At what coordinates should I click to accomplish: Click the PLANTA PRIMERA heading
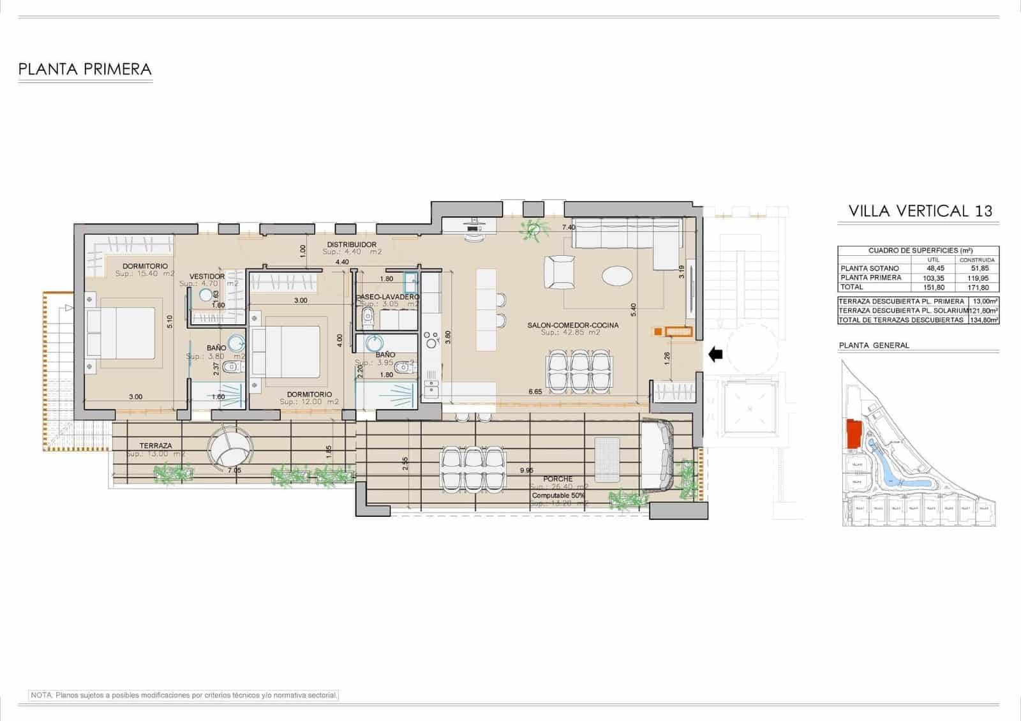pos(85,69)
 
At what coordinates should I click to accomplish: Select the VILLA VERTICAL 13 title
pos(920,211)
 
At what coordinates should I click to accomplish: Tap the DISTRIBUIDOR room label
pos(352,244)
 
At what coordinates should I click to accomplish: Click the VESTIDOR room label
pos(207,276)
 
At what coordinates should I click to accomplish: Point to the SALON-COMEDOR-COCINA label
pos(572,325)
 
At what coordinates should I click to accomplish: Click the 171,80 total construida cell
pos(976,288)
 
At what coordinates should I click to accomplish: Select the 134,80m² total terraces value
pos(983,320)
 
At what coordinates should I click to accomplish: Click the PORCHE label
pos(558,479)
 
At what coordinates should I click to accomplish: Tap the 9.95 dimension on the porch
pos(526,470)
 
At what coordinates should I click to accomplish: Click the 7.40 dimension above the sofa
pos(569,227)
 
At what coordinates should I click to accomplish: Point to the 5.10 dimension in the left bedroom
pos(169,322)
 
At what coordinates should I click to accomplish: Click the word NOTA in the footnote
pos(42,695)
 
